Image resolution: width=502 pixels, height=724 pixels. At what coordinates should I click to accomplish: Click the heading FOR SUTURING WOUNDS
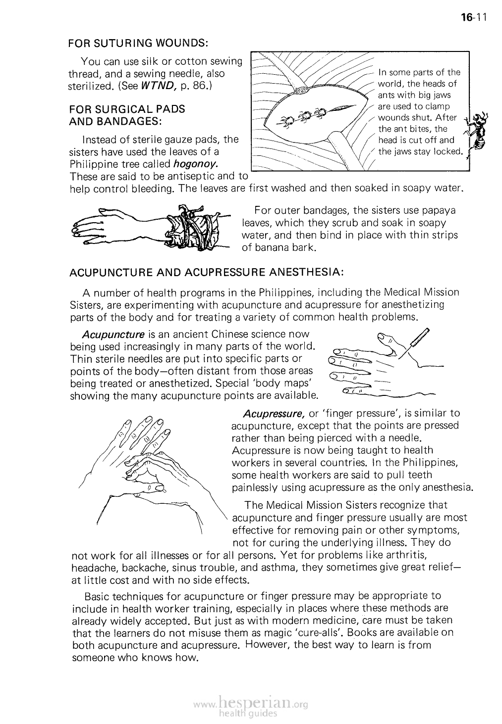(x=138, y=43)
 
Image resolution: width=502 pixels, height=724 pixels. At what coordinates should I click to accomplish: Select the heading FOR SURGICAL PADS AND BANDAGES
(x=127, y=115)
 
